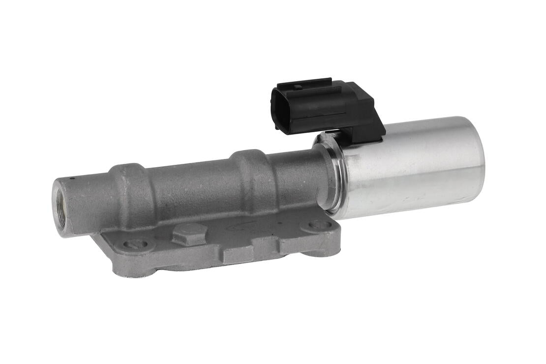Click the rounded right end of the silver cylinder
click(x=477, y=160)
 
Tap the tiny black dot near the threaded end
click(x=72, y=178)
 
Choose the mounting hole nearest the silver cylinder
click(x=320, y=225)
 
